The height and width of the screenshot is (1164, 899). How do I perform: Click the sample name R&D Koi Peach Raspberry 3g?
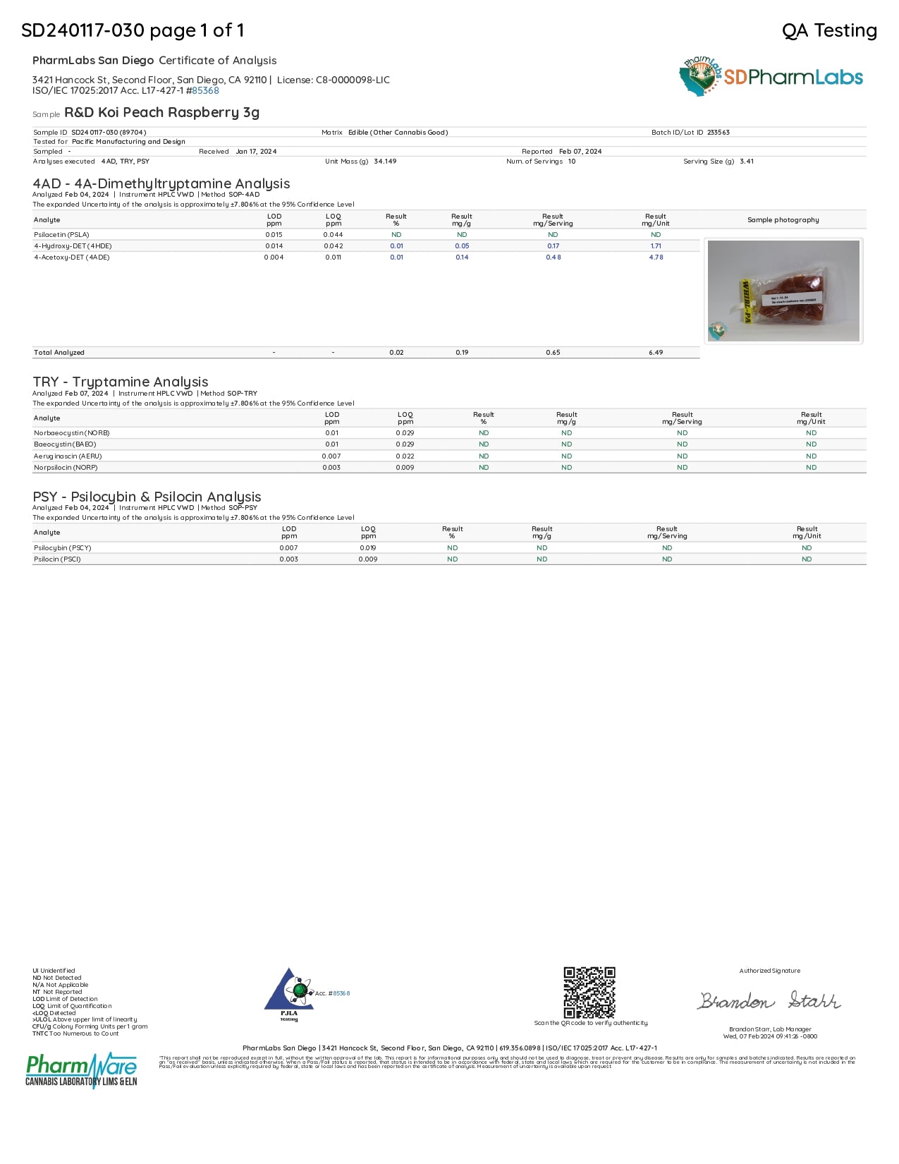tap(161, 113)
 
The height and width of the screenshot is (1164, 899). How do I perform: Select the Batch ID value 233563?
tap(718, 133)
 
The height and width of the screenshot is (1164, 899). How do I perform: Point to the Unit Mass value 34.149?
tap(385, 162)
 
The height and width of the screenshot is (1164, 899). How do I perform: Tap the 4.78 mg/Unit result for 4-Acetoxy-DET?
tap(656, 257)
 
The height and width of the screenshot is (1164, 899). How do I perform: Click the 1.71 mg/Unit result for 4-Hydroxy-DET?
tap(656, 246)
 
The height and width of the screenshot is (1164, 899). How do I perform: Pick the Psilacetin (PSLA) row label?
tap(61, 235)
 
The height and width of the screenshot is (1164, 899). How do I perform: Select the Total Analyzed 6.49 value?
tap(656, 353)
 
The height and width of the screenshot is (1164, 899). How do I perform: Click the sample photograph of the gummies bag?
tap(783, 291)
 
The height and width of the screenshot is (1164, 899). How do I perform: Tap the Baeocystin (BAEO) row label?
tap(65, 444)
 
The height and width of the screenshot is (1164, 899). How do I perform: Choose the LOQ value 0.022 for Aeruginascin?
tap(405, 456)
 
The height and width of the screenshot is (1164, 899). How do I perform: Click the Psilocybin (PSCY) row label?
tap(63, 548)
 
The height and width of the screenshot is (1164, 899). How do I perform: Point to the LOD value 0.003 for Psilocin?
tap(288, 559)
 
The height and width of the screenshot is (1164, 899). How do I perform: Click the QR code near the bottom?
tap(589, 993)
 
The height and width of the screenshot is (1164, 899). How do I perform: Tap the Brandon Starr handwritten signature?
tap(769, 1001)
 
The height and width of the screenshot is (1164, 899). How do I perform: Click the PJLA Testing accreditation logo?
tap(290, 994)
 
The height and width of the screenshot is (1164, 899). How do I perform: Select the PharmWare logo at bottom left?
tap(81, 1070)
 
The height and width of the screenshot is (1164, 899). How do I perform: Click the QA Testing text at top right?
tap(829, 30)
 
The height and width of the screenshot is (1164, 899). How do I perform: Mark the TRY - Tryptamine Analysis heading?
tap(121, 382)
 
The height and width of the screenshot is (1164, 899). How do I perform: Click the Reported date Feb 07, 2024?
tap(580, 152)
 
